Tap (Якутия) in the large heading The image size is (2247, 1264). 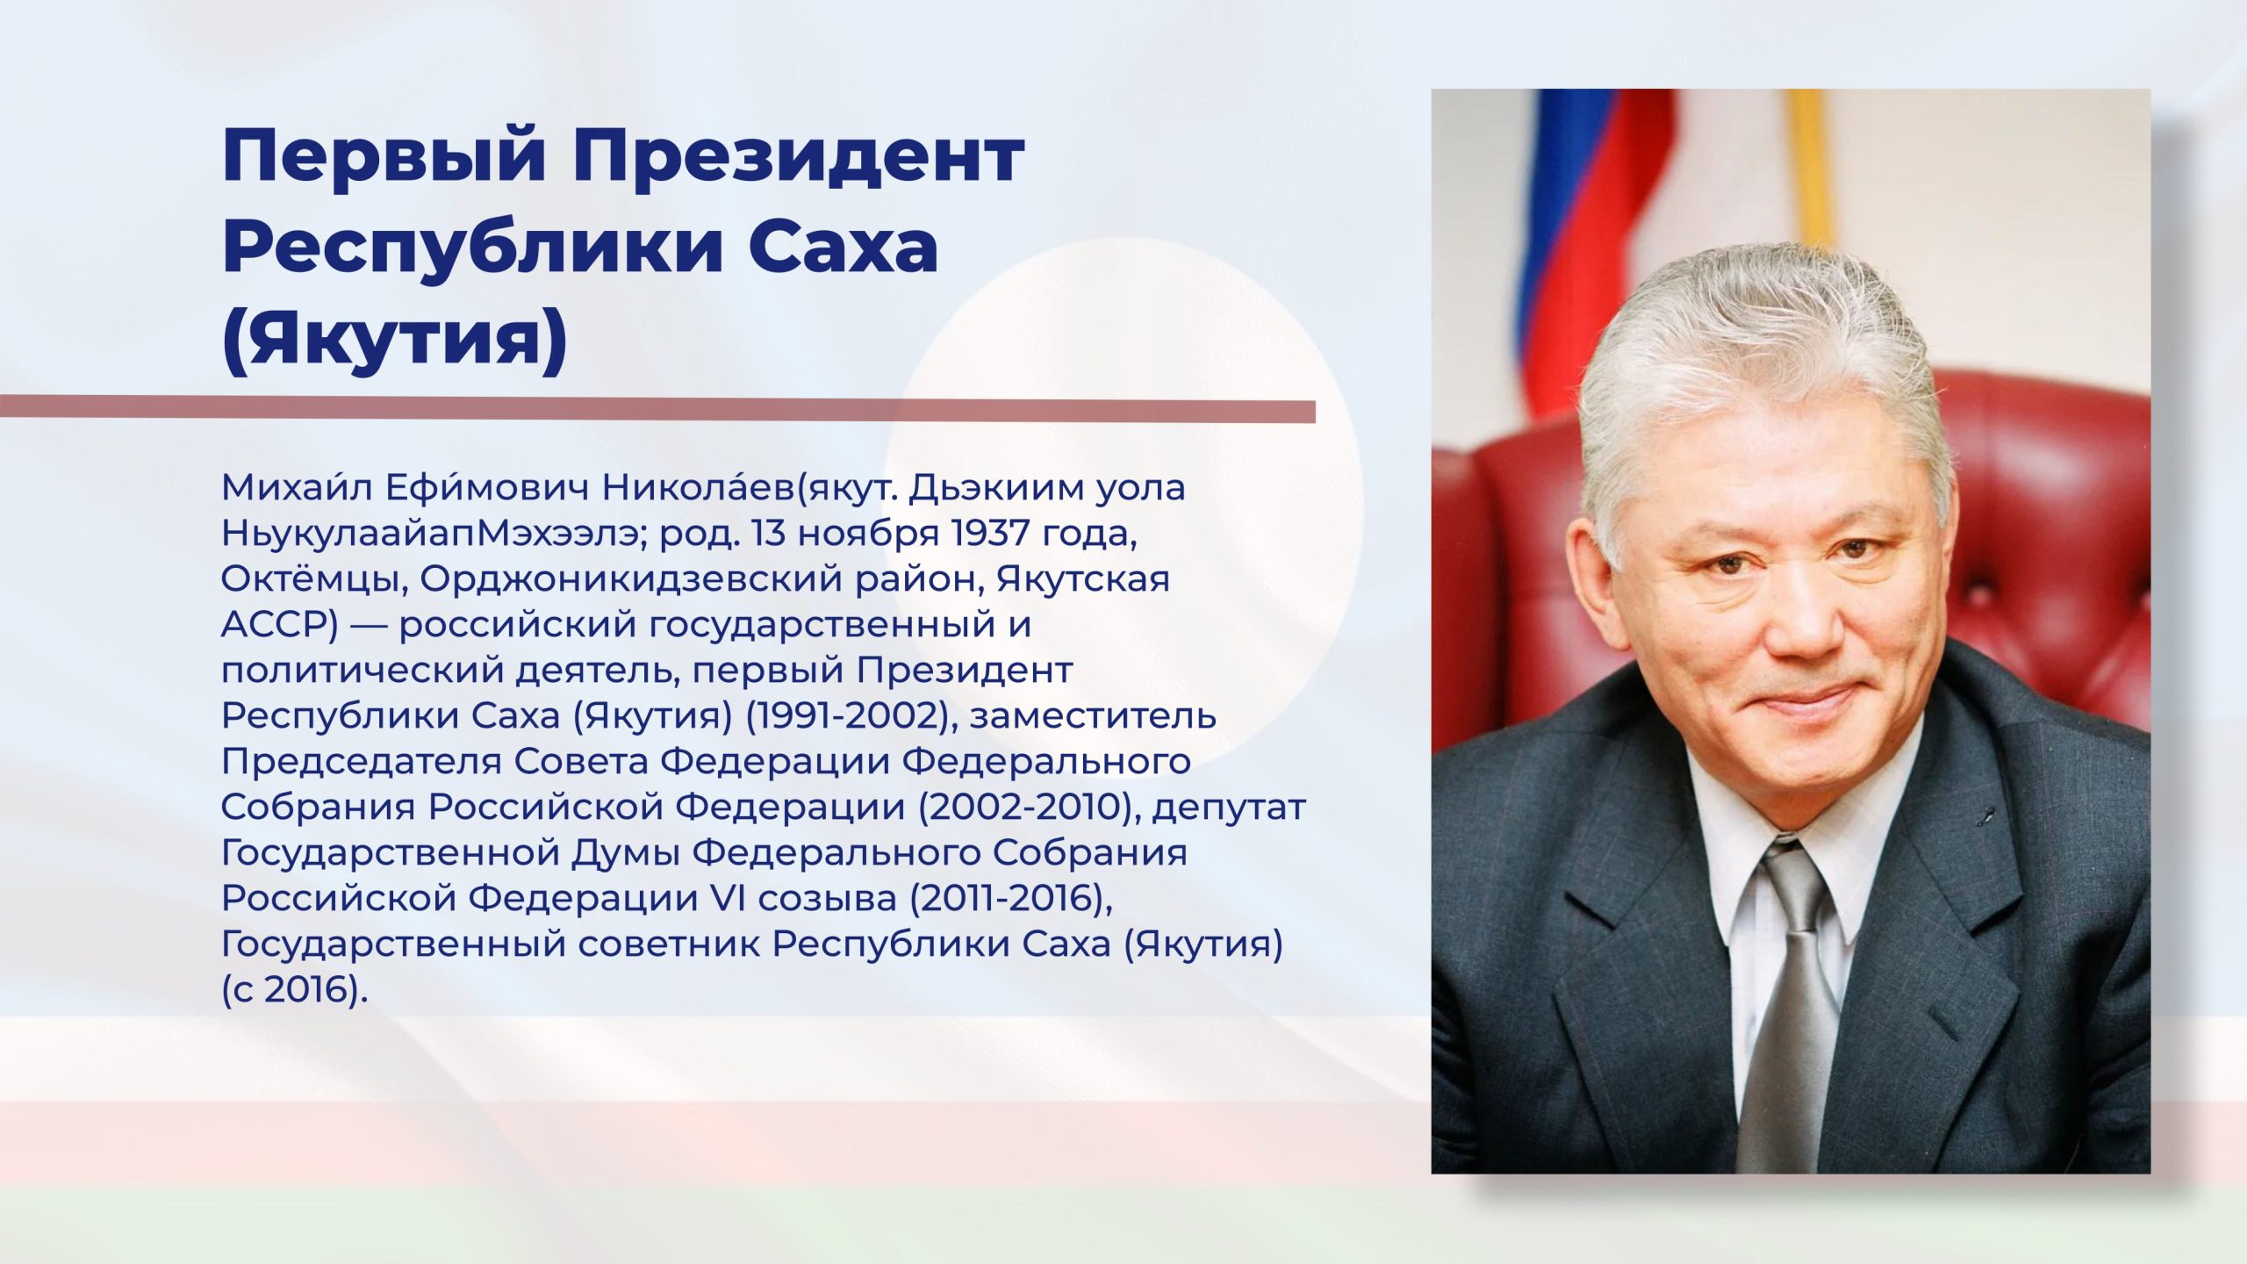[395, 341]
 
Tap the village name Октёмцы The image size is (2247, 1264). [314, 579]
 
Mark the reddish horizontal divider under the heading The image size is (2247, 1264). [658, 409]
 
